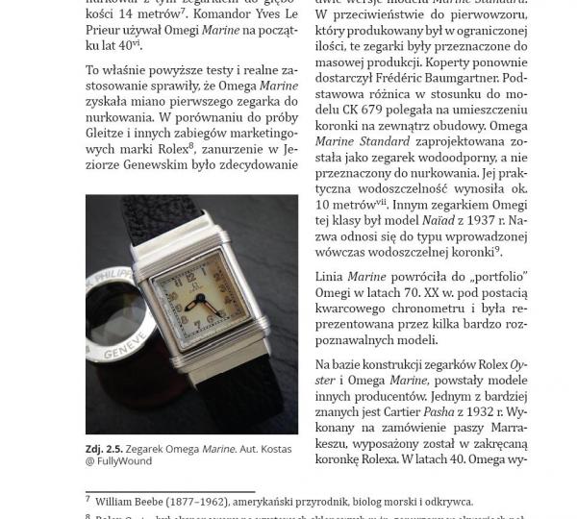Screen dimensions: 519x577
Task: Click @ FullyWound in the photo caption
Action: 118,461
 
